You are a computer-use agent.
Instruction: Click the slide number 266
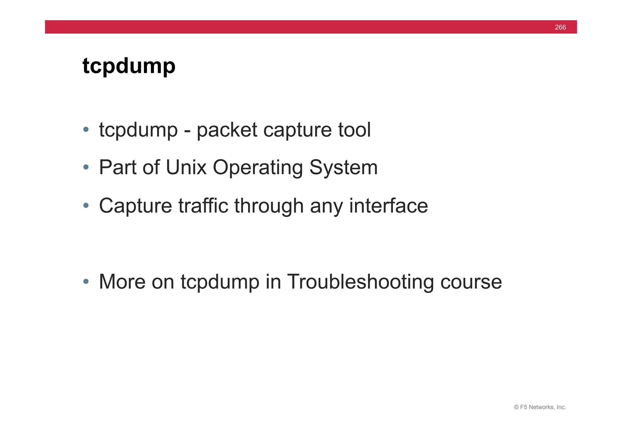pos(560,27)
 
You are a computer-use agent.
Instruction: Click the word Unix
pos(186,167)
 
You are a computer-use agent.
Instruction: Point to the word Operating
pos(258,168)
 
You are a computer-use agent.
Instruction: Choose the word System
pos(343,168)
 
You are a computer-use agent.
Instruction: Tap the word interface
pos(388,206)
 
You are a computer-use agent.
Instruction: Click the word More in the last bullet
pos(122,282)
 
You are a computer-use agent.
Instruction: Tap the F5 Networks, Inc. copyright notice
pos(540,407)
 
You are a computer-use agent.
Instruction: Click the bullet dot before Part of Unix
pos(86,167)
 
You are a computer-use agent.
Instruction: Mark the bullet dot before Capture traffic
pos(86,205)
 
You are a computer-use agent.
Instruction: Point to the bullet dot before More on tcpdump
pos(86,282)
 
